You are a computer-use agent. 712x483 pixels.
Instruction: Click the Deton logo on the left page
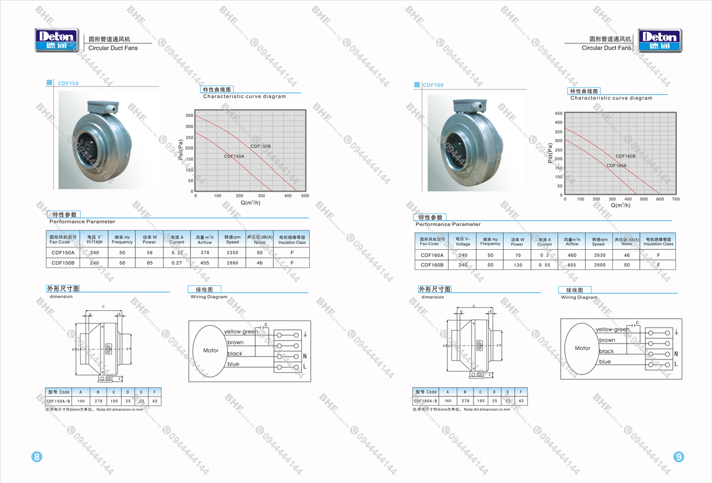click(x=56, y=40)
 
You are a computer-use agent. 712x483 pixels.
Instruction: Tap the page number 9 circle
click(x=679, y=457)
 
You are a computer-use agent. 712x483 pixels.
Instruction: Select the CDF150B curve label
click(x=260, y=146)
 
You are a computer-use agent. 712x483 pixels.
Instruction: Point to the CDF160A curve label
click(x=616, y=166)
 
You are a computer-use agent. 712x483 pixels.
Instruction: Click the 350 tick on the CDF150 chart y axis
click(x=189, y=116)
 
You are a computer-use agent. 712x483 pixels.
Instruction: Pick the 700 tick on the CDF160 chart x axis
click(x=675, y=199)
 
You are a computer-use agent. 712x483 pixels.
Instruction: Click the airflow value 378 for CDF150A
click(x=204, y=253)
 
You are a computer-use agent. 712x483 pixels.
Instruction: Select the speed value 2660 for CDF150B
click(x=232, y=263)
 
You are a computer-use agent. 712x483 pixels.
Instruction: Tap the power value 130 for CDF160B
click(x=517, y=265)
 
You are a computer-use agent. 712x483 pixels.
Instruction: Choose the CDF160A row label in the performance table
click(x=432, y=256)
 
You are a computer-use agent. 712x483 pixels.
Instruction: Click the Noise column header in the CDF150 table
click(x=260, y=240)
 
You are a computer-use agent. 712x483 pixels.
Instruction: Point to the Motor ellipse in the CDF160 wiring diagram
click(x=582, y=348)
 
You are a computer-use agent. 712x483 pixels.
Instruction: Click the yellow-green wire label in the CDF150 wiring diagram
click(x=240, y=332)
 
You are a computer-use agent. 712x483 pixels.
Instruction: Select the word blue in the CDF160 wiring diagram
click(x=605, y=362)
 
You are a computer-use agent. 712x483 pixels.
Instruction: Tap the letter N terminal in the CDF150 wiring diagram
click(x=305, y=356)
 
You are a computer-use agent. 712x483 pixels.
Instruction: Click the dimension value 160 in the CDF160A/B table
click(x=448, y=401)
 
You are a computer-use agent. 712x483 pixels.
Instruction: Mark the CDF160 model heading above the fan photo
click(x=433, y=85)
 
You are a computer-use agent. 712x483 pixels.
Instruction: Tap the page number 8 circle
click(x=37, y=457)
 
